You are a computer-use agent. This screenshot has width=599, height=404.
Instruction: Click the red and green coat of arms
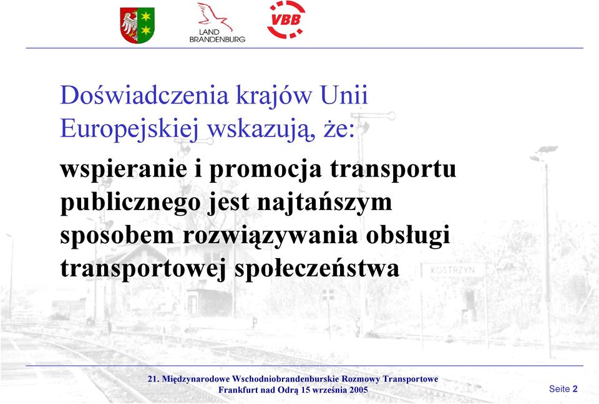137,25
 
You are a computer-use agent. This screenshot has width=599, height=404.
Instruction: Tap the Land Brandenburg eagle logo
217,22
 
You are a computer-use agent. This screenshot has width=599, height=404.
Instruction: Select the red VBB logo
286,19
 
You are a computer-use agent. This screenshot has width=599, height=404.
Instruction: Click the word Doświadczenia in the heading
144,95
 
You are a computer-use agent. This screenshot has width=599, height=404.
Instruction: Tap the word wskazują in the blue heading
261,130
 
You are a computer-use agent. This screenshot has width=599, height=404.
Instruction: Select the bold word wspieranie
124,169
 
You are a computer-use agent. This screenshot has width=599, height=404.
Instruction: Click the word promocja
266,170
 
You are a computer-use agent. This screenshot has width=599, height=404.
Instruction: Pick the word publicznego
130,203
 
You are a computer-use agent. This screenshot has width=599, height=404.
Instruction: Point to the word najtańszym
324,203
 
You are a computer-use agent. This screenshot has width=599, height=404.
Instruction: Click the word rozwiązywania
270,236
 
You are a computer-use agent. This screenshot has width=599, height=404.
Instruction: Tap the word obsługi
408,236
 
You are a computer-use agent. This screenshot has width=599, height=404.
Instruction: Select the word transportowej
144,269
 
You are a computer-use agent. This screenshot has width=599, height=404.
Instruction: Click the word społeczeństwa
317,269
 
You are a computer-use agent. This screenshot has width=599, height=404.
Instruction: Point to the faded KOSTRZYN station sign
453,271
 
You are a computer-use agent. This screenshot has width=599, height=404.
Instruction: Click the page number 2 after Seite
575,389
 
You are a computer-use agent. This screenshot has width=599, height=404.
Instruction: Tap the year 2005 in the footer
359,390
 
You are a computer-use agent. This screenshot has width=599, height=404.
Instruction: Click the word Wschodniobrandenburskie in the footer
285,379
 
